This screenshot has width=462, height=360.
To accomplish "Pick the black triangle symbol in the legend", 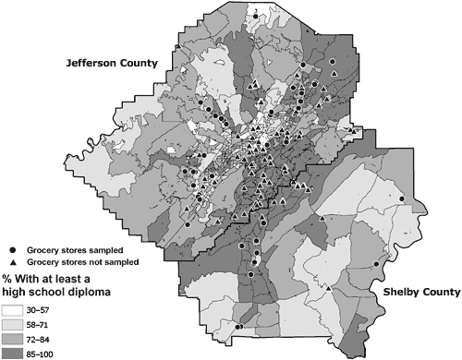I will click(12, 261).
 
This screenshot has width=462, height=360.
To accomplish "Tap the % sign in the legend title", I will click(6, 278).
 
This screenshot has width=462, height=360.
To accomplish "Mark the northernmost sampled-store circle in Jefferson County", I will click(255, 16).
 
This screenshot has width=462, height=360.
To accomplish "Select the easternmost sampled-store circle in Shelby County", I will click(402, 198).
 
